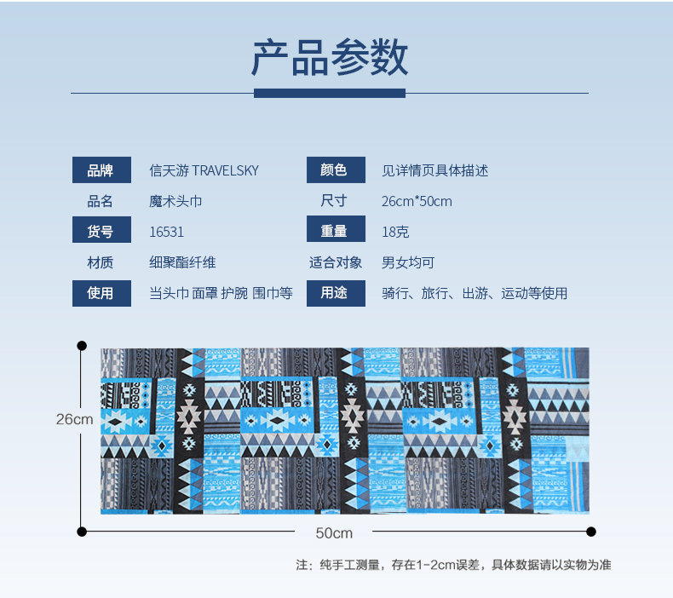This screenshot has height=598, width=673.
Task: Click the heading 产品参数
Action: pos(330,59)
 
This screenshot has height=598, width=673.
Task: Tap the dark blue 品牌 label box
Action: pos(101,170)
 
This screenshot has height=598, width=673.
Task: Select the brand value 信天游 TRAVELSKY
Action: pos(204,170)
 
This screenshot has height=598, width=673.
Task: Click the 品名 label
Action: pos(101,201)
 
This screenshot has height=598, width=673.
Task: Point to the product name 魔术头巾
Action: pos(175,201)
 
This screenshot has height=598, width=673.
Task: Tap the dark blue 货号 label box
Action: pos(101,232)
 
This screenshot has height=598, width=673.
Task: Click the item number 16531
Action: pos(166,232)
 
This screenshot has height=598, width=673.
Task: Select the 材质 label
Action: pos(101,262)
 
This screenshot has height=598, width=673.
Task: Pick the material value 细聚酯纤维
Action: pos(182,262)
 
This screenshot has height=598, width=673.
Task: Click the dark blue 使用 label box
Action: pos(101,293)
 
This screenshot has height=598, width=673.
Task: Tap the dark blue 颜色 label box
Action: pos(335,170)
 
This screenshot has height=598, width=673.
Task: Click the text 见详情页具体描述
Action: pos(434,170)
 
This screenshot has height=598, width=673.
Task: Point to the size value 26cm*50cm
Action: pos(417,201)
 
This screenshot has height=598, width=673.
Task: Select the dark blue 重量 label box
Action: pos(335,232)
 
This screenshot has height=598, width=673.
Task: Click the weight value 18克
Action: pos(395,232)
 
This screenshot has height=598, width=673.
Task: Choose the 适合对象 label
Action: pos(335,262)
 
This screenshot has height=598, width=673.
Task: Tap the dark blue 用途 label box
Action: pos(335,293)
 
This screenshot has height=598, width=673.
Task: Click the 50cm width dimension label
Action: pos(334,532)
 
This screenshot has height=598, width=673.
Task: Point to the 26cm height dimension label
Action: pos(75,419)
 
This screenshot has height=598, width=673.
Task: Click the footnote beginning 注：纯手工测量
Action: pos(453,564)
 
